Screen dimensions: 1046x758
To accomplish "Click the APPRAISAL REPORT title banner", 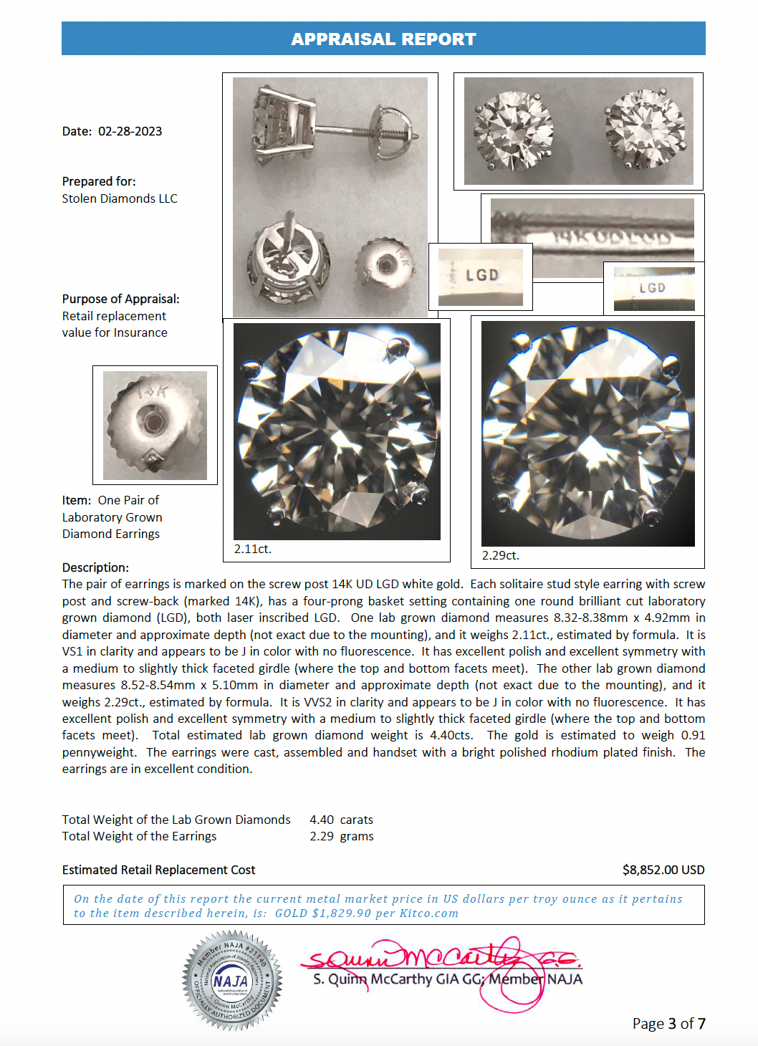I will (383, 39).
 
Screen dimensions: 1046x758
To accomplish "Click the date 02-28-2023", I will (130, 131).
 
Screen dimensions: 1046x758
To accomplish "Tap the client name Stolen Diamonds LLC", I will (120, 198).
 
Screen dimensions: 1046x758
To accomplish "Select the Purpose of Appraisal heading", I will (120, 299).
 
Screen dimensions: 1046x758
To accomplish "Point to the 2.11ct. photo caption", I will (253, 549).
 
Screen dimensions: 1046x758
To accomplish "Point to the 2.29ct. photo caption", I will (501, 555).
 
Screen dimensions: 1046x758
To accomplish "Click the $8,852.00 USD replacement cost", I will (663, 870).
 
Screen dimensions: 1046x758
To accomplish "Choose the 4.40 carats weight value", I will (341, 820).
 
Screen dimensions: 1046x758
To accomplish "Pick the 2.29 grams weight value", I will (342, 836).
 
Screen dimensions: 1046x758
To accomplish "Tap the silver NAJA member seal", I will (232, 980).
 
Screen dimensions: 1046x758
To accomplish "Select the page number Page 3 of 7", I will (668, 1024).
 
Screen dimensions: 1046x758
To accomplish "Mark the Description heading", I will (95, 567).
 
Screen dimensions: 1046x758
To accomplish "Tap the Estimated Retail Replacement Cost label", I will (158, 870).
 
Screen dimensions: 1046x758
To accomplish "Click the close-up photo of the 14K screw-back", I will (155, 425).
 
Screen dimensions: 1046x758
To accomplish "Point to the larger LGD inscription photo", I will (481, 277).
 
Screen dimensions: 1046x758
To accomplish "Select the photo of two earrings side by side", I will (578, 131).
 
